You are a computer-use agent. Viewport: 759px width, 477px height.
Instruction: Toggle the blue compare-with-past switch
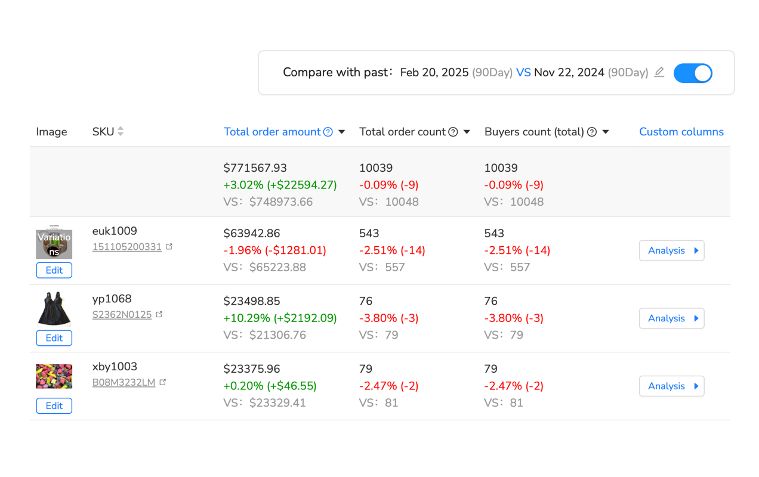[x=693, y=73]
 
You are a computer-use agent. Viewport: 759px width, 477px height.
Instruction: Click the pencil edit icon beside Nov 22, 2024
[x=659, y=72]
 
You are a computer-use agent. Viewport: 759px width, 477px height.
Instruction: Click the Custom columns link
[x=681, y=132]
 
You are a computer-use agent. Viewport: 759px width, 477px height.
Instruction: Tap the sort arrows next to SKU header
[x=121, y=132]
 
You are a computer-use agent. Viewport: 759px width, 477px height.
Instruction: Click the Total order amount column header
[x=272, y=132]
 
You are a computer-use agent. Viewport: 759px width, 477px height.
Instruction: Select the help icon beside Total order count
[x=453, y=132]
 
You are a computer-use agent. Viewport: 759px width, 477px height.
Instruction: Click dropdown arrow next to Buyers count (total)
[x=606, y=132]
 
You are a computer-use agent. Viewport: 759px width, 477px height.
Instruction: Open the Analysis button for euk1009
[x=671, y=250]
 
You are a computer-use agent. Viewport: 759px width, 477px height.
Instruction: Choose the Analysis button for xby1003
[x=671, y=386]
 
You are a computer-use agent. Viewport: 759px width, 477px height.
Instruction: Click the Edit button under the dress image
[x=54, y=338]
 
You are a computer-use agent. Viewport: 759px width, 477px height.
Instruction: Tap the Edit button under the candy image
[x=54, y=406]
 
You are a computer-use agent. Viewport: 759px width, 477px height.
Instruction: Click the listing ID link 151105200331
[x=126, y=247]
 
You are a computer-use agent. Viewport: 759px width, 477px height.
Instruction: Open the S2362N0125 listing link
[x=122, y=315]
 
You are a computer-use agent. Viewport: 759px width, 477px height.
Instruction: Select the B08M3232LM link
[x=124, y=383]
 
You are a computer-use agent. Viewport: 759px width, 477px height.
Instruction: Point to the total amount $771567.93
[x=255, y=168]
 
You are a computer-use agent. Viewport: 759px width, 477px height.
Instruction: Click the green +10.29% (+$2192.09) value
[x=280, y=318]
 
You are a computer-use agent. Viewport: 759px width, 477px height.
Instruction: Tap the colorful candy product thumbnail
[x=54, y=376]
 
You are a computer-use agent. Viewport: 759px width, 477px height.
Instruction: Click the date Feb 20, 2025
[x=434, y=73]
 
